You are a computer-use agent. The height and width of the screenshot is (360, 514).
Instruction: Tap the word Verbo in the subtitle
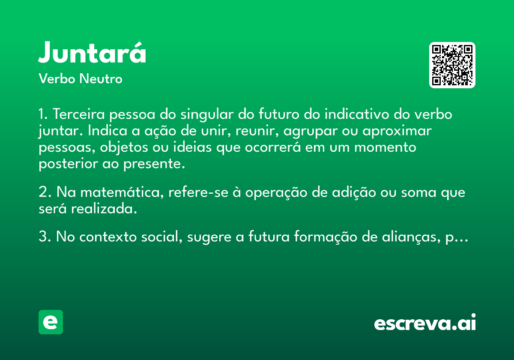point(57,78)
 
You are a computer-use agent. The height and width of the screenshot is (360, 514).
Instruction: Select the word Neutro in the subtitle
point(101,78)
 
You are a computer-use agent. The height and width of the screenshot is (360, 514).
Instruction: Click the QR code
point(452,65)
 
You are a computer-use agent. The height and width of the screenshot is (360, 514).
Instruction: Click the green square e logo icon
point(51,322)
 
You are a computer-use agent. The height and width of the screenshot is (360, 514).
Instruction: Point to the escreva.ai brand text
point(425,322)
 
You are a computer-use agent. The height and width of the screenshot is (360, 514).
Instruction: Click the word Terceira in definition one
point(79,114)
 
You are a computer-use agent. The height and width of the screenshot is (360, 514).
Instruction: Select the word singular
point(207,115)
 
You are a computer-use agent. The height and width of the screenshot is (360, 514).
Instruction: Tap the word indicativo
point(357,114)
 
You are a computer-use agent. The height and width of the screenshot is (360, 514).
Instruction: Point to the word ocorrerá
point(272,147)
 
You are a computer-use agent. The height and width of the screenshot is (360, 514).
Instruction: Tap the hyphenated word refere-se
point(198,192)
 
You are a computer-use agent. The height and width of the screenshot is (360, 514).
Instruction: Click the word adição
point(354,193)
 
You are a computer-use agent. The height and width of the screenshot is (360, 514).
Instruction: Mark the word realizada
point(104,209)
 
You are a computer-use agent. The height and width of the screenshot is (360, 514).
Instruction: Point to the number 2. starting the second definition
point(45,192)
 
